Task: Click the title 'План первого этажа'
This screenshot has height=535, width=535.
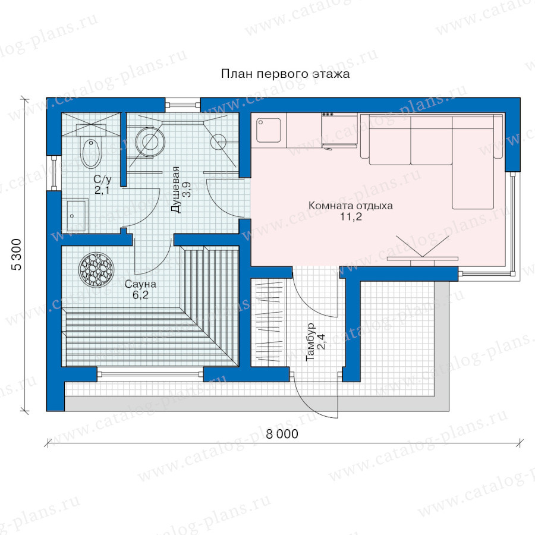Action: (x=285, y=74)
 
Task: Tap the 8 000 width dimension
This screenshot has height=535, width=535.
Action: (x=282, y=434)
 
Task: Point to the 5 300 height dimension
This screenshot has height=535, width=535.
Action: (x=17, y=254)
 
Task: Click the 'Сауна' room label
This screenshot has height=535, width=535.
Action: (x=140, y=284)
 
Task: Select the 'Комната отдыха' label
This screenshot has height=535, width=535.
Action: (x=350, y=206)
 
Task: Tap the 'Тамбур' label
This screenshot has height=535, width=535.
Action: (x=310, y=342)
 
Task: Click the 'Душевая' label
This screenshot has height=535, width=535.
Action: (x=176, y=190)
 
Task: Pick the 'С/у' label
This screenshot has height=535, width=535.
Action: (x=102, y=180)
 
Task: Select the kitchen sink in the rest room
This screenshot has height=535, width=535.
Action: (x=269, y=130)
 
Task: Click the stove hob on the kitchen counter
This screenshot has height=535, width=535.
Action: (x=339, y=131)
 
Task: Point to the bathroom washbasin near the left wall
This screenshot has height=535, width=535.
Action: (x=76, y=216)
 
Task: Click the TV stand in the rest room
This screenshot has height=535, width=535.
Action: (x=423, y=260)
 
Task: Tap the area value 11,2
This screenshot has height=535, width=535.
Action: (x=351, y=216)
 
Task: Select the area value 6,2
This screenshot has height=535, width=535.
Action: (x=140, y=295)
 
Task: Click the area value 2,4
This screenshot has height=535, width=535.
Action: (x=321, y=342)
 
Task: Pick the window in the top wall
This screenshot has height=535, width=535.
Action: (x=182, y=105)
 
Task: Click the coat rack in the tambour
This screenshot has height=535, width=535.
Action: (x=269, y=322)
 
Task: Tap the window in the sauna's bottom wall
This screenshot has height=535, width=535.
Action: (x=150, y=374)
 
